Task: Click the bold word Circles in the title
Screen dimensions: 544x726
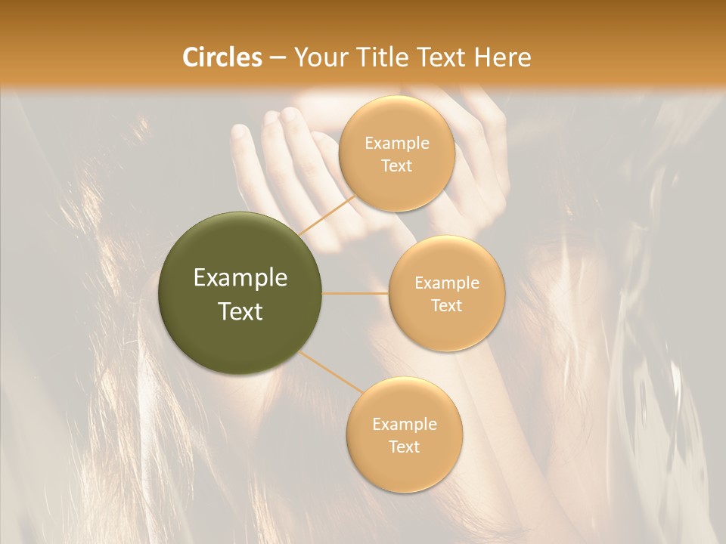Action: [222, 57]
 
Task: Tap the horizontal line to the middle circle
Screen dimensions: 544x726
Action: [355, 293]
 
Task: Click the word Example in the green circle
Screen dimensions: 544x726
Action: [240, 278]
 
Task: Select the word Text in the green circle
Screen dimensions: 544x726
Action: [240, 311]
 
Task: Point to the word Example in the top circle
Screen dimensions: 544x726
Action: [396, 144]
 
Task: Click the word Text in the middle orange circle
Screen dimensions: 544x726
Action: [446, 305]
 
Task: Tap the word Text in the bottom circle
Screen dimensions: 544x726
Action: [404, 447]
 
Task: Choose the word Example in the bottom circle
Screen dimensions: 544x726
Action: [404, 424]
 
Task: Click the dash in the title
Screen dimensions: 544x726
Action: [278, 57]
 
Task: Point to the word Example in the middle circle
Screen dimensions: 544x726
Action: [446, 283]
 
